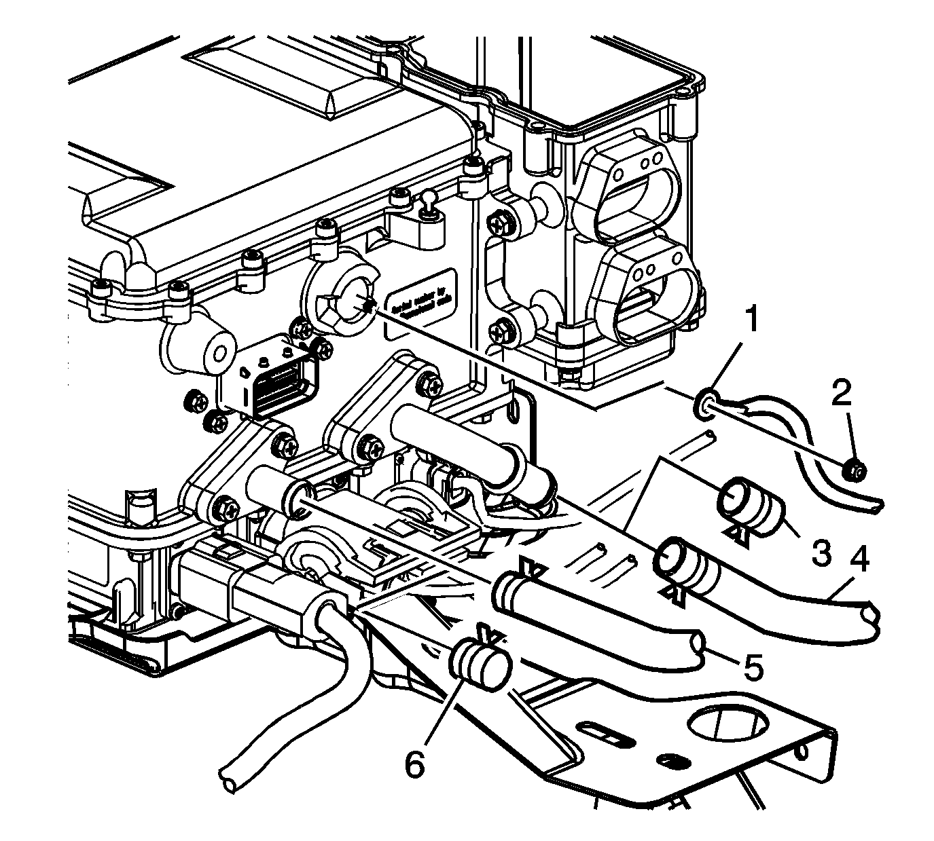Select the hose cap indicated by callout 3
(750, 504)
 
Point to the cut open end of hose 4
(871, 617)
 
